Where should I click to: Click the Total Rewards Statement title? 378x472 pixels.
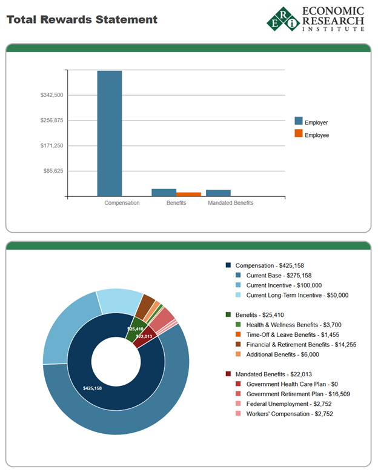(x=82, y=19)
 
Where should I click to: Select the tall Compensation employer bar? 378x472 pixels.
(x=110, y=133)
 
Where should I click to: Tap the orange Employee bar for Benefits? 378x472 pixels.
(x=188, y=194)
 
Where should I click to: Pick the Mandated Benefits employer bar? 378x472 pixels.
(x=218, y=193)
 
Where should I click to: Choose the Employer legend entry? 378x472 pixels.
(x=316, y=122)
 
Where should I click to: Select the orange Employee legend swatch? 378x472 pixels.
(x=298, y=134)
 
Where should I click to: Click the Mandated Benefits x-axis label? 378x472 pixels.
(x=230, y=203)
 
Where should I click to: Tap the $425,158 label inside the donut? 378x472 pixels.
(x=92, y=388)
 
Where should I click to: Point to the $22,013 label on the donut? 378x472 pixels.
(x=144, y=336)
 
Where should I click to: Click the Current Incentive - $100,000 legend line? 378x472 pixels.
(x=283, y=285)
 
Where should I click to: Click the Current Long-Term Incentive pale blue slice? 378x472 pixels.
(x=119, y=301)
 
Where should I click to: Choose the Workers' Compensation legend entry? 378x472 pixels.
(x=289, y=414)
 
